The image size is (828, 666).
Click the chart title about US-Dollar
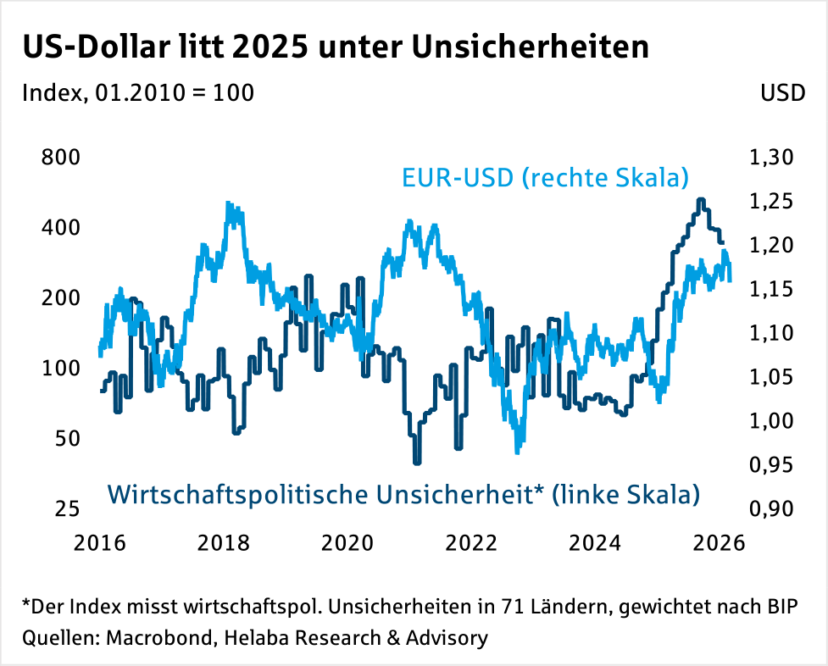pyautogui.click(x=336, y=47)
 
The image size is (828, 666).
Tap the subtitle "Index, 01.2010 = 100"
pyautogui.click(x=138, y=92)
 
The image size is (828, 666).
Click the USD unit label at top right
pyautogui.click(x=782, y=92)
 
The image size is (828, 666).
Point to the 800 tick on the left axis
pyautogui.click(x=61, y=158)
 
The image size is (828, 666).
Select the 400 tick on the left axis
pyautogui.click(x=61, y=228)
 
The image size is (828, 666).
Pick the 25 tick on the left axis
pyautogui.click(x=67, y=509)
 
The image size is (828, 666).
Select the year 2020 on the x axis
pyautogui.click(x=351, y=542)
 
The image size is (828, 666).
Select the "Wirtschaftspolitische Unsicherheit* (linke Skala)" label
pyautogui.click(x=404, y=493)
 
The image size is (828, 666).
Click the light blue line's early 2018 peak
pyautogui.click(x=230, y=204)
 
